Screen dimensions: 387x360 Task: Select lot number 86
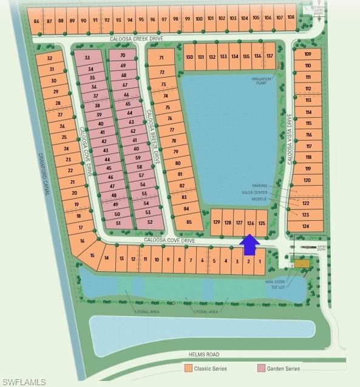click(37, 21)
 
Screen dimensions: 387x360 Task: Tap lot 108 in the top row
click(291, 17)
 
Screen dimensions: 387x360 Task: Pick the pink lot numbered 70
click(123, 56)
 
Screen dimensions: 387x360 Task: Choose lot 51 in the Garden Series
click(118, 223)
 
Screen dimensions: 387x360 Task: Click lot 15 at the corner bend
click(92, 255)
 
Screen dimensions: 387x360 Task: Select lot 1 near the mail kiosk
click(260, 261)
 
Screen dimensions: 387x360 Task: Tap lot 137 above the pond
click(270, 56)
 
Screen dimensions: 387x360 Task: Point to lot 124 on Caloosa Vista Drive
click(306, 226)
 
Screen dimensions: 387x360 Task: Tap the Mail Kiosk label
click(276, 281)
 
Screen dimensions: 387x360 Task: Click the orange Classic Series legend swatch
click(188, 368)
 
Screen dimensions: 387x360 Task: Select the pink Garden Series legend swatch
click(261, 368)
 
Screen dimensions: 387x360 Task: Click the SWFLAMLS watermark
click(24, 381)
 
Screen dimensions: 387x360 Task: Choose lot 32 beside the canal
click(50, 58)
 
